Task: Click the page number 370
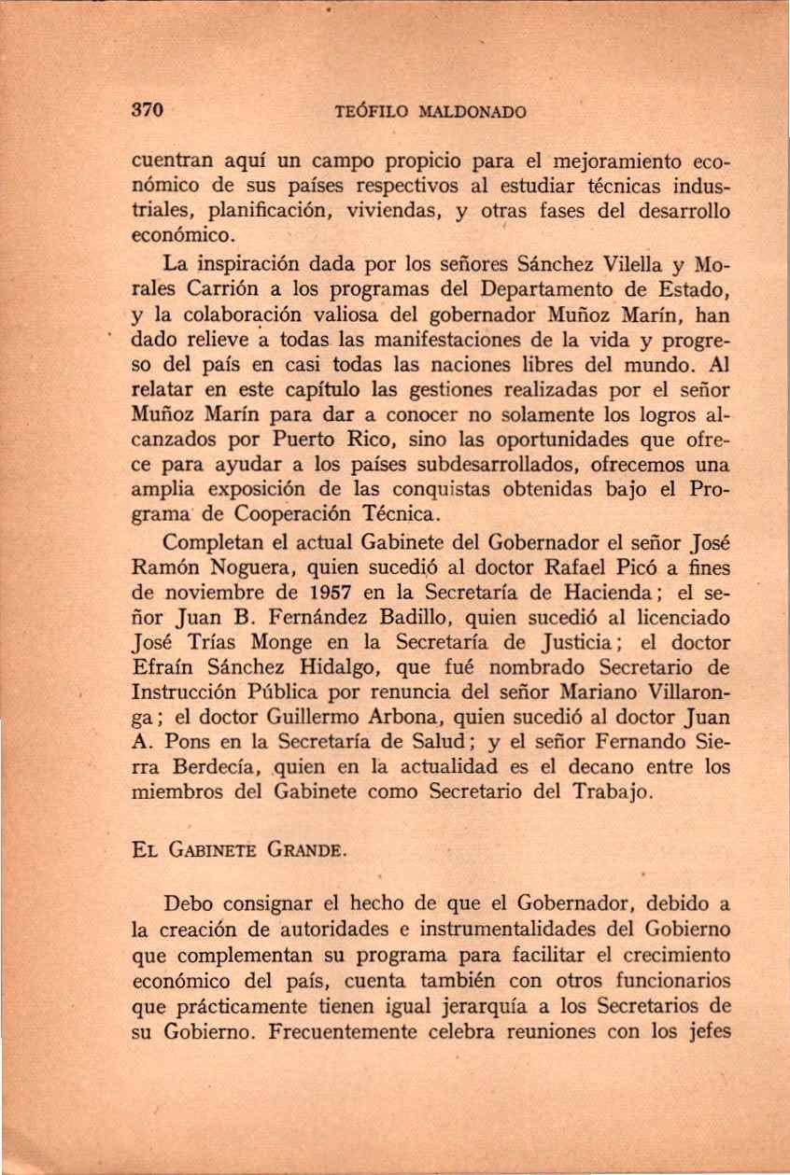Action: coord(148,110)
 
